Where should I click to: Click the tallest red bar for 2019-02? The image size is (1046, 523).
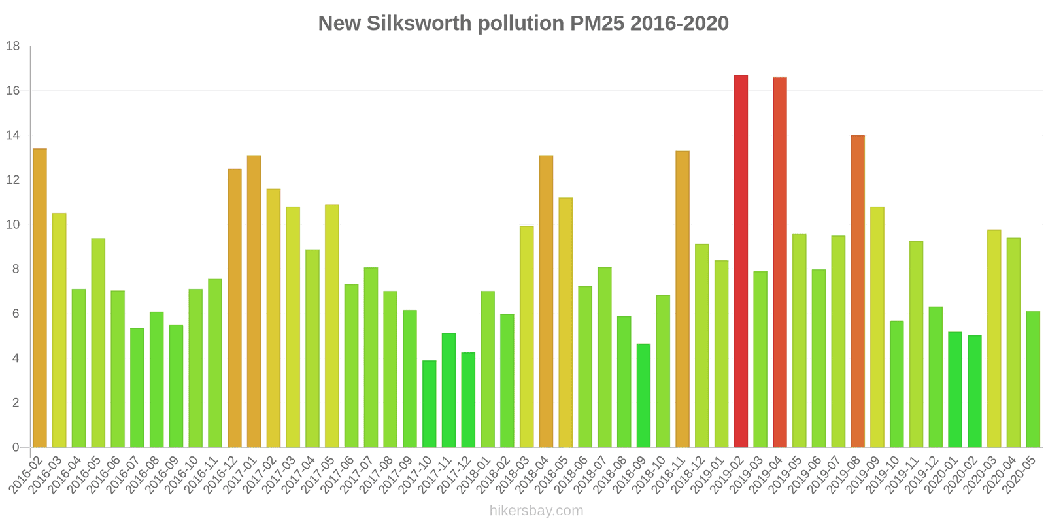[741, 261]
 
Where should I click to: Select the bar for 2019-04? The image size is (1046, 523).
[779, 262]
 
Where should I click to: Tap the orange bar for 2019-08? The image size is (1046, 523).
[858, 291]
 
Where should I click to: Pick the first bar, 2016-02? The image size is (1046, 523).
[40, 298]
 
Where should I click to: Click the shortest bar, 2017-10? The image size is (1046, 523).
[429, 404]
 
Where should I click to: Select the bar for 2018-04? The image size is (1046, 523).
[546, 301]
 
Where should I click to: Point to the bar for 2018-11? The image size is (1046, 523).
[683, 299]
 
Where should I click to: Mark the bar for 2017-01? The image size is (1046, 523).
[254, 301]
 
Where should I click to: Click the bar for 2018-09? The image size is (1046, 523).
[643, 396]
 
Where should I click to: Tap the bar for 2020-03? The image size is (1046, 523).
[994, 339]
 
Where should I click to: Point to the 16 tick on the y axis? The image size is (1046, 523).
[14, 91]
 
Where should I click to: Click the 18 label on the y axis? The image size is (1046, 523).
[14, 46]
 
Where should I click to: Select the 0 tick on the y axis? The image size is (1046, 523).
[16, 448]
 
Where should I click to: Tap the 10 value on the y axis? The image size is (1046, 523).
[14, 225]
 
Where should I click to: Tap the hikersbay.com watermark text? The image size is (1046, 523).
[536, 511]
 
